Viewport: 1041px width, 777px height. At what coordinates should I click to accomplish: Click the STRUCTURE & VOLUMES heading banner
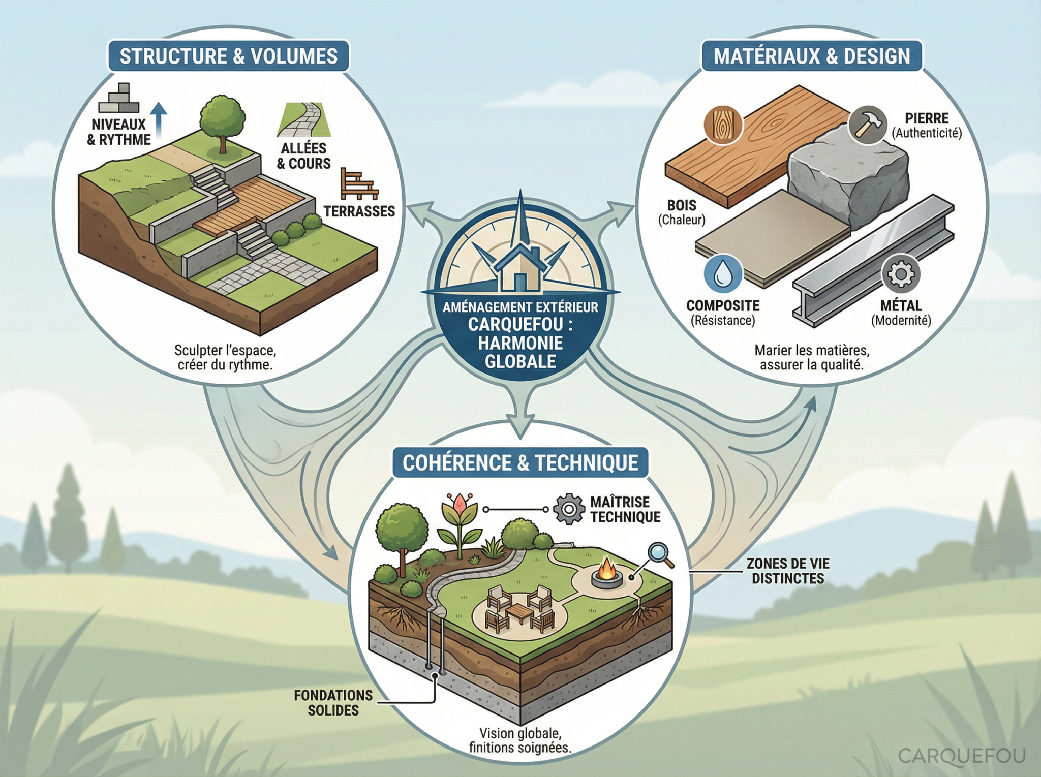click(228, 56)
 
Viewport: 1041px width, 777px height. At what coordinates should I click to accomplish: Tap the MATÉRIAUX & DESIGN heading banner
click(812, 56)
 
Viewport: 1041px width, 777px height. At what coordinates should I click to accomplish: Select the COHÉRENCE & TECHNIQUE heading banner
click(520, 462)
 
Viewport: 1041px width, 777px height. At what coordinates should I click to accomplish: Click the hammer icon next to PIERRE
click(868, 125)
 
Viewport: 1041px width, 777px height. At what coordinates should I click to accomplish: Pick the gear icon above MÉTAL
click(900, 274)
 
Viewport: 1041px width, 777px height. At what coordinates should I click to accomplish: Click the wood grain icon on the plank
click(724, 125)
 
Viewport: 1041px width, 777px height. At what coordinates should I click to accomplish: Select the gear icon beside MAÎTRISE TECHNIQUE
click(569, 509)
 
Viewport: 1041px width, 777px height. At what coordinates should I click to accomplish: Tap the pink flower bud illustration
click(459, 506)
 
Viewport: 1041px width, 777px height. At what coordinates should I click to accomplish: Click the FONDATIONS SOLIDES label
click(333, 702)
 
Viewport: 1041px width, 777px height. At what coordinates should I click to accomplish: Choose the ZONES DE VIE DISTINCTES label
click(788, 571)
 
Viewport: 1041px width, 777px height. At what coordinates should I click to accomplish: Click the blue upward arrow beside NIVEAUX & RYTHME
click(160, 119)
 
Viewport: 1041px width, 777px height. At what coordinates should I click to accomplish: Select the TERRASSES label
click(359, 211)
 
